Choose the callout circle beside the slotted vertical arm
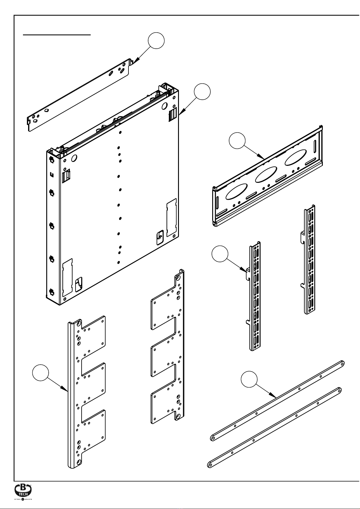tap(219, 254)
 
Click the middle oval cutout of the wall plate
tap(266, 174)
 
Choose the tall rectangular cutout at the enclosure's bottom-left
tap(67, 276)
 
